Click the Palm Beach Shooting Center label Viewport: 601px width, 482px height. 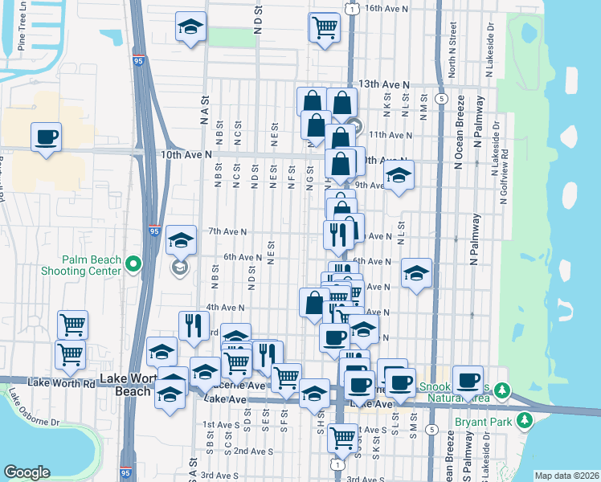[x=92, y=265]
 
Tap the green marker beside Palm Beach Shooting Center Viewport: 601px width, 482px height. [x=133, y=263]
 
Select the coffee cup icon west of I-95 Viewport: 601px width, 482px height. [x=47, y=136]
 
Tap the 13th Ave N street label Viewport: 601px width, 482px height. [x=384, y=84]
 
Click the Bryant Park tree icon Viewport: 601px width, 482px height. [x=525, y=419]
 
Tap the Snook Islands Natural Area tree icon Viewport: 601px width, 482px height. [x=502, y=390]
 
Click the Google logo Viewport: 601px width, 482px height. [x=27, y=472]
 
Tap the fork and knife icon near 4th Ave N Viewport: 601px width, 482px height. [x=193, y=325]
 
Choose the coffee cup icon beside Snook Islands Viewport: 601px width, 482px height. [x=467, y=380]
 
